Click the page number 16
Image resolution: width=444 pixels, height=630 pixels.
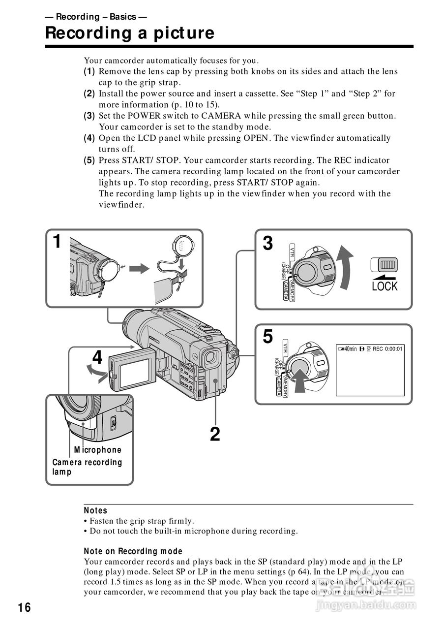tap(24, 608)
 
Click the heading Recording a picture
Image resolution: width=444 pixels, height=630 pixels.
tap(130, 33)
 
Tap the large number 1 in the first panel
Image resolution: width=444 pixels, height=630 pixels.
tap(58, 242)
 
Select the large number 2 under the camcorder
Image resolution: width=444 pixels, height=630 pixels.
tap(215, 434)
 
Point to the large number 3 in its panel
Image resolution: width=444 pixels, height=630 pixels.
tap(267, 243)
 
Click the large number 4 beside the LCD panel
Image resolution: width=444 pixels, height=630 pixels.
tap(98, 358)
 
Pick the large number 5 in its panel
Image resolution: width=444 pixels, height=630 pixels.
tap(267, 337)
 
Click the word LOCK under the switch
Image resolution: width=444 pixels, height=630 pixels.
tap(385, 286)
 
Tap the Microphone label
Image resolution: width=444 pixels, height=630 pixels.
tap(97, 450)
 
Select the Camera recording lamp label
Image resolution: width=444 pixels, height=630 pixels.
tap(87, 467)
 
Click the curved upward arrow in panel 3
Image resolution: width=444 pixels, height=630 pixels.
tap(345, 269)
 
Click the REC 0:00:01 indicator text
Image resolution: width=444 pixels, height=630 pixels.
tap(387, 349)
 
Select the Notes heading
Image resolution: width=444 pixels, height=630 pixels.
tap(95, 510)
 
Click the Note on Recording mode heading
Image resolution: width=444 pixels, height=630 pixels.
tap(133, 551)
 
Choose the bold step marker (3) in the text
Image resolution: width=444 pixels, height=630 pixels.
tap(89, 116)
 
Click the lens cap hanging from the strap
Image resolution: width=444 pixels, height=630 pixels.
tap(182, 246)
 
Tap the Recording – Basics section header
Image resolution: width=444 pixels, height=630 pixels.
tap(95, 17)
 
